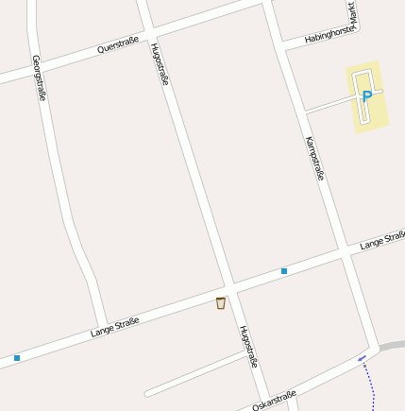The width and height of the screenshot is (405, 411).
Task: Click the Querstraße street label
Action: click(118, 45)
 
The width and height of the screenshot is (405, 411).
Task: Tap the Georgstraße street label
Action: click(39, 77)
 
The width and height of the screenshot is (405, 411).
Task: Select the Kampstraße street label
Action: click(314, 159)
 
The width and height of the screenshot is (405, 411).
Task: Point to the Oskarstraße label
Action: click(275, 400)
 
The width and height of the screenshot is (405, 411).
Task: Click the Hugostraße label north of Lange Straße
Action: click(160, 64)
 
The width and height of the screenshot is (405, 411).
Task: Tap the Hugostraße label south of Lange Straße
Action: click(248, 347)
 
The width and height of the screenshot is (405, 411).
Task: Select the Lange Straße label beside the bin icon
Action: click(115, 327)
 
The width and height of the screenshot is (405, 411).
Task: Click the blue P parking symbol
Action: click(367, 95)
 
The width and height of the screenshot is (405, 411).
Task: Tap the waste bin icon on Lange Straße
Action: click(221, 303)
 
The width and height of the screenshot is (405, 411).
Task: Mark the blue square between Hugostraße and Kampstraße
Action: click(283, 271)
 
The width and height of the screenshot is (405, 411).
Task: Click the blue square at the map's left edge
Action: click(17, 358)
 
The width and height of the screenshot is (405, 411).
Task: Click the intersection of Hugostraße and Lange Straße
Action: click(230, 286)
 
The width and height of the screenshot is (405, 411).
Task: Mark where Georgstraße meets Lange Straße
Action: click(101, 327)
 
